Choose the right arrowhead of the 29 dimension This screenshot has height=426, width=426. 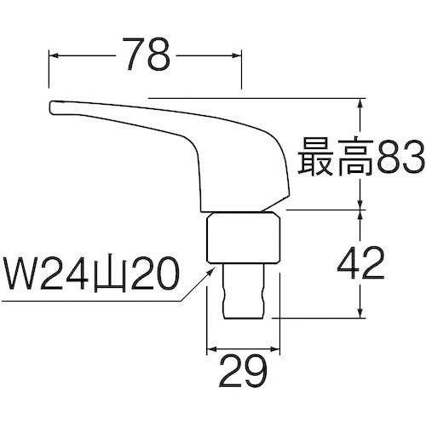(279, 350)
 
